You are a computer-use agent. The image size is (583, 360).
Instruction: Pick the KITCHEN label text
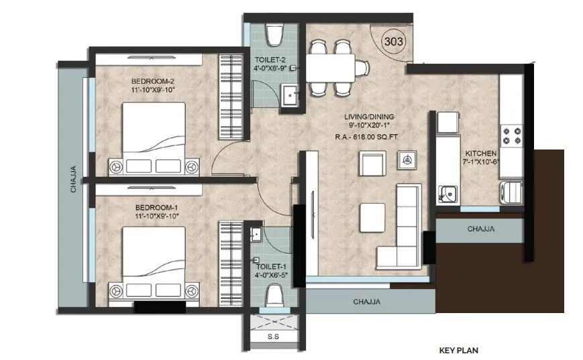point(481,153)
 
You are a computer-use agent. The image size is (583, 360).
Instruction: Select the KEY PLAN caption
point(458,350)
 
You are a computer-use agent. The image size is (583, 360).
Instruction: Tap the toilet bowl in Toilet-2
point(274,33)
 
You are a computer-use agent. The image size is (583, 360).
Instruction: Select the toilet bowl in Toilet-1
point(274,294)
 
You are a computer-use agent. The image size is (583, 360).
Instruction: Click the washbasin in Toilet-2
point(290,96)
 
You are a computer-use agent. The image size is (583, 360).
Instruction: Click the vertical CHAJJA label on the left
point(73,180)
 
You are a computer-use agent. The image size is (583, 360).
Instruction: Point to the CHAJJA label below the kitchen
point(480,229)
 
